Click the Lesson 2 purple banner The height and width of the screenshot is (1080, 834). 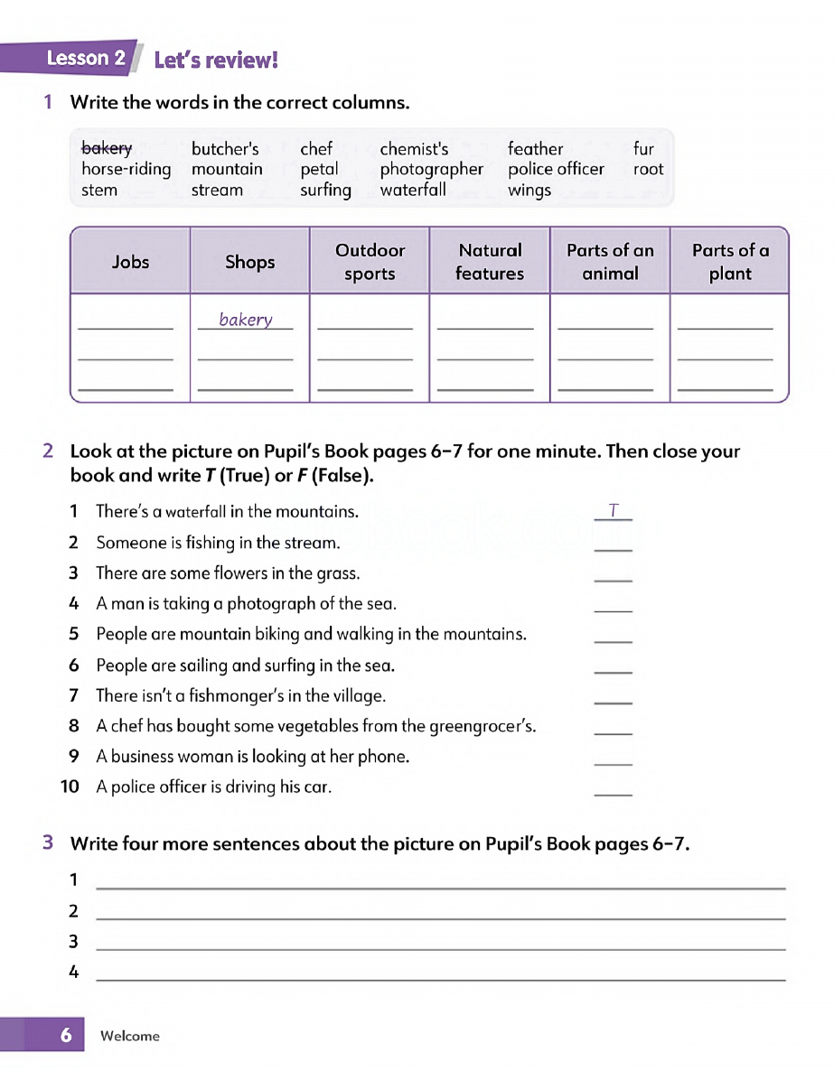(86, 59)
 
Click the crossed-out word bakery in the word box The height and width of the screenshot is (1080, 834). (107, 149)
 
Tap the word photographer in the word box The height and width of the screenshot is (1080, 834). (431, 169)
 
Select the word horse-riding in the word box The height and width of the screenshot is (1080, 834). (126, 169)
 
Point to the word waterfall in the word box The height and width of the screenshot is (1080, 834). (413, 190)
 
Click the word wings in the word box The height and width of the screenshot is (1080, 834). (529, 190)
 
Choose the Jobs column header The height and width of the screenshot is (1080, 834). (130, 262)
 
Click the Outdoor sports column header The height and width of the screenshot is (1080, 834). (370, 262)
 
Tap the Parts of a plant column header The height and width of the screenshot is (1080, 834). (730, 262)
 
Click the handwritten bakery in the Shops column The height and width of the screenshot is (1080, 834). (245, 320)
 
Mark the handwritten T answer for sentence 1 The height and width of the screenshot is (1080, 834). (614, 511)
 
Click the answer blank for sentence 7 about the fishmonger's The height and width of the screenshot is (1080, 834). (614, 701)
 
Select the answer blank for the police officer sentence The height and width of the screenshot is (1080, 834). (614, 792)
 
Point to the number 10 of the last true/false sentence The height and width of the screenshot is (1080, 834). (70, 787)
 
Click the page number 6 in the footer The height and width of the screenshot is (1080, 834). (66, 1035)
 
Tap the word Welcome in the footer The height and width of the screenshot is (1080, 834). (130, 1036)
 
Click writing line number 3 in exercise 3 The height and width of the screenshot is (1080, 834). (440, 946)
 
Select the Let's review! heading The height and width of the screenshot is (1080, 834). (216, 61)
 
